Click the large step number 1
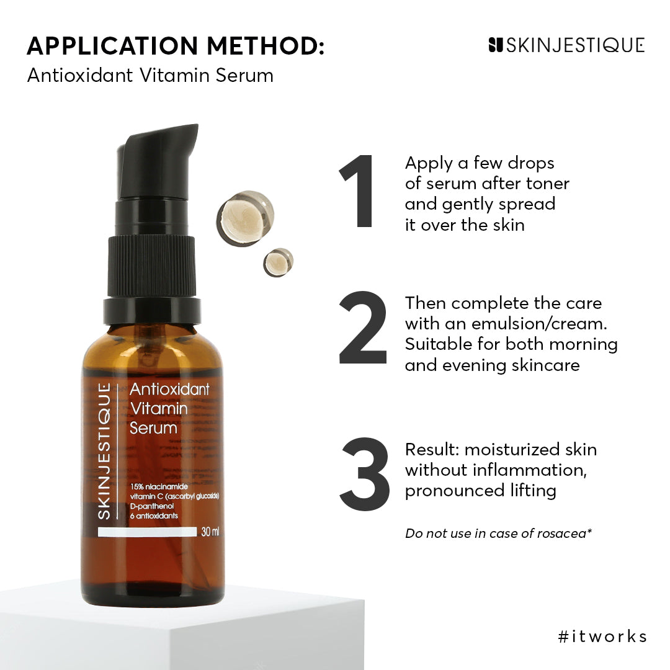point(359,192)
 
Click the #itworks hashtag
point(602,636)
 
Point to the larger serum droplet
point(245,217)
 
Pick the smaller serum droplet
point(278,262)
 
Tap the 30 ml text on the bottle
point(210,532)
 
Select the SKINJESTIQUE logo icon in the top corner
point(495,45)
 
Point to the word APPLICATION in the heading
point(112,46)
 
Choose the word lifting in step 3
point(530,490)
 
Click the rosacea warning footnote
point(498,533)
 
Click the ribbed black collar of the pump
point(151,266)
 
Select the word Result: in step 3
point(432,449)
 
